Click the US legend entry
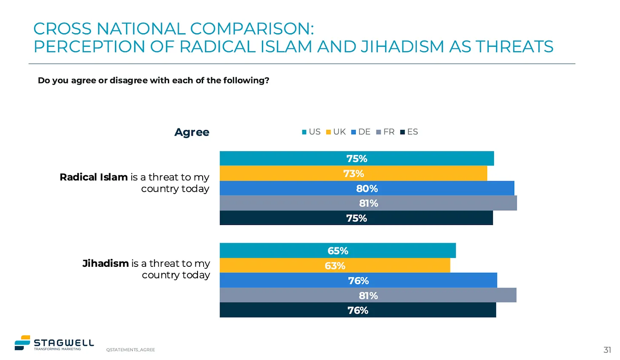(x=311, y=132)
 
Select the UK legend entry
(x=336, y=132)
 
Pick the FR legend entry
(x=385, y=132)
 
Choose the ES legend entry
(x=409, y=132)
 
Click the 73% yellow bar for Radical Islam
(x=353, y=174)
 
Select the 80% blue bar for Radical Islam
(x=367, y=189)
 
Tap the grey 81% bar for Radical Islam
(x=368, y=203)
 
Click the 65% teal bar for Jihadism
(x=338, y=251)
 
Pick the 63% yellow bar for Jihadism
(x=335, y=266)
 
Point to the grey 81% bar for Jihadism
(x=368, y=295)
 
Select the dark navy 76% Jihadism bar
(x=358, y=310)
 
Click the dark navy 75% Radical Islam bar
(x=356, y=218)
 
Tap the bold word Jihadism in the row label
(x=106, y=263)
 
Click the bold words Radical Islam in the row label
(x=94, y=177)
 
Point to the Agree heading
(x=192, y=132)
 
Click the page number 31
(x=607, y=350)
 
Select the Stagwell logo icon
(x=23, y=343)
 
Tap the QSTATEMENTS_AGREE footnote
(x=131, y=350)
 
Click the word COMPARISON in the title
(x=252, y=29)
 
